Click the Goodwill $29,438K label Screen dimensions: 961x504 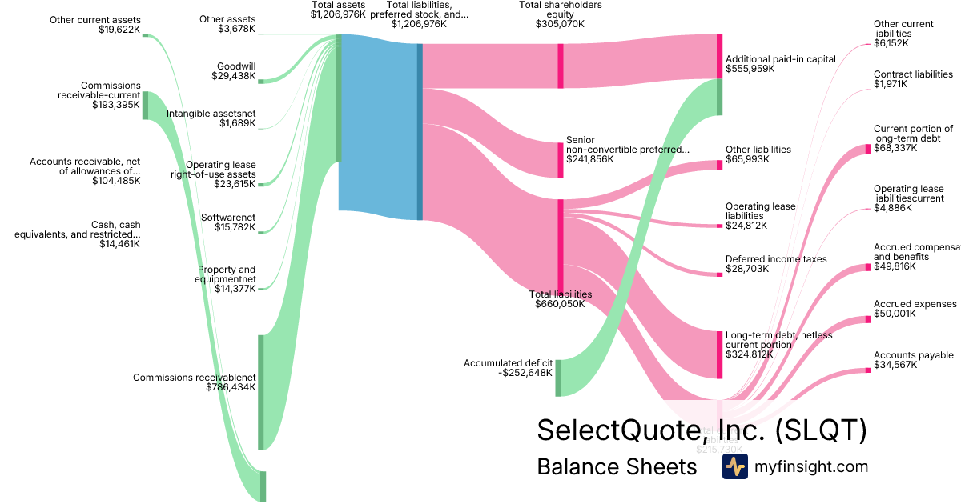tap(235, 72)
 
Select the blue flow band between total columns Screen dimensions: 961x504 tap(378, 128)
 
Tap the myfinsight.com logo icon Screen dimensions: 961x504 tap(734, 466)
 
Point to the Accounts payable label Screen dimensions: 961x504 tap(913, 360)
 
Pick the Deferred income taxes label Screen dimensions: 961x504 tap(776, 264)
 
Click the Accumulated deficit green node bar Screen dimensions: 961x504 tap(558, 378)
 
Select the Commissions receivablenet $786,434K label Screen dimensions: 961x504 tap(195, 382)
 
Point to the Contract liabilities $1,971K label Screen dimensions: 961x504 tap(913, 79)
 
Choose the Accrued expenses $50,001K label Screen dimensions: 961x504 tap(915, 309)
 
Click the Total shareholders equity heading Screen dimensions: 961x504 tap(560, 14)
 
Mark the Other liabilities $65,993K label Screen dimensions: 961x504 tap(758, 154)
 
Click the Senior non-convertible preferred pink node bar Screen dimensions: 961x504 tap(561, 160)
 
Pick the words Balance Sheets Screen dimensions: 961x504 tap(617, 466)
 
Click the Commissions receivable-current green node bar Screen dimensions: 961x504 tap(145, 105)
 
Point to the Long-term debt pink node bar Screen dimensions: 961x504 tap(719, 354)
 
